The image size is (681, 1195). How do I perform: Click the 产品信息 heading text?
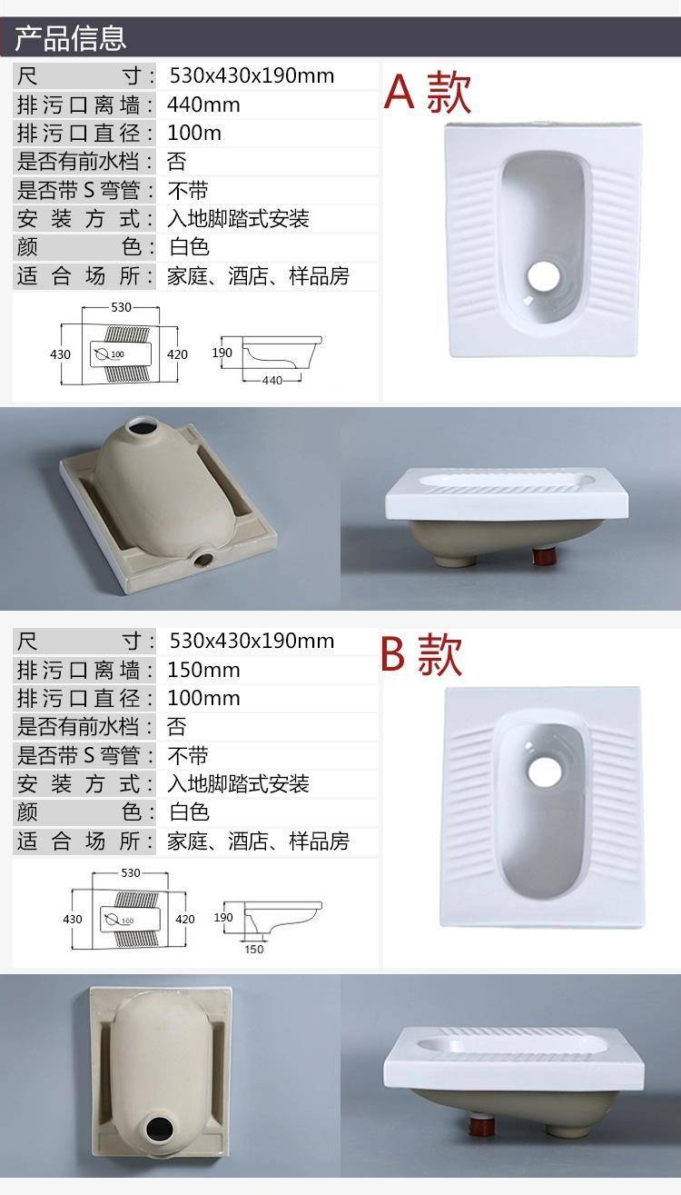pyautogui.click(x=70, y=38)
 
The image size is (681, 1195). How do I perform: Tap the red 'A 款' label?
pyautogui.click(x=428, y=93)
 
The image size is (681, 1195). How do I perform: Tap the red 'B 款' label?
pyautogui.click(x=421, y=655)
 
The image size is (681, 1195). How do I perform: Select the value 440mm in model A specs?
pyautogui.click(x=203, y=105)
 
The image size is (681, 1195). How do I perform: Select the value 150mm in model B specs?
pyautogui.click(x=203, y=670)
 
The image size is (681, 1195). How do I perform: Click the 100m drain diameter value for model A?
pyautogui.click(x=194, y=133)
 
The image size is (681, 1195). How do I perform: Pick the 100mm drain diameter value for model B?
pyautogui.click(x=203, y=698)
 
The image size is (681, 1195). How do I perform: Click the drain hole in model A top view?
pyautogui.click(x=544, y=275)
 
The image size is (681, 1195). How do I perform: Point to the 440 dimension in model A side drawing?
pyautogui.click(x=271, y=381)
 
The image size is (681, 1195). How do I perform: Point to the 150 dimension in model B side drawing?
pyautogui.click(x=254, y=949)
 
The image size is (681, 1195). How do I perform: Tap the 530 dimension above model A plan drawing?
pyautogui.click(x=121, y=307)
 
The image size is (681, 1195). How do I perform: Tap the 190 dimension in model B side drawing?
pyautogui.click(x=223, y=917)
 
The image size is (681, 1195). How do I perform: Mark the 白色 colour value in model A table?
pyautogui.click(x=189, y=247)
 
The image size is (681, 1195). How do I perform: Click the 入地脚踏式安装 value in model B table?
pyautogui.click(x=238, y=783)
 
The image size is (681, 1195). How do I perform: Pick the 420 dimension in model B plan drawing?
pyautogui.click(x=185, y=919)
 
